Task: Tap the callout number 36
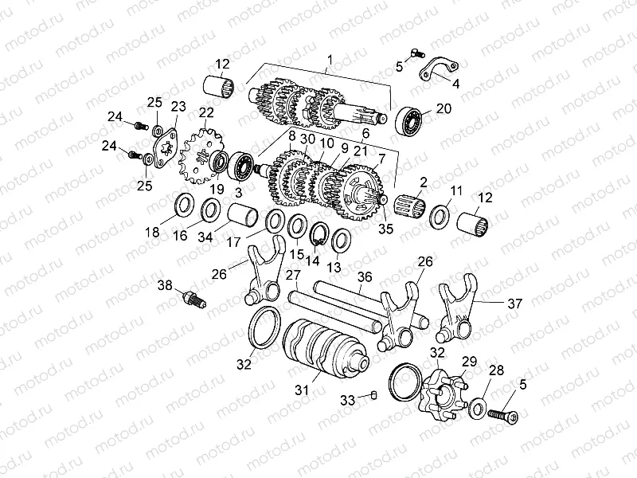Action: pos(365,276)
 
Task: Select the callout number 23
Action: pos(178,106)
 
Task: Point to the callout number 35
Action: pos(386,229)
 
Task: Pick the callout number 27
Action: pos(293,276)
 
